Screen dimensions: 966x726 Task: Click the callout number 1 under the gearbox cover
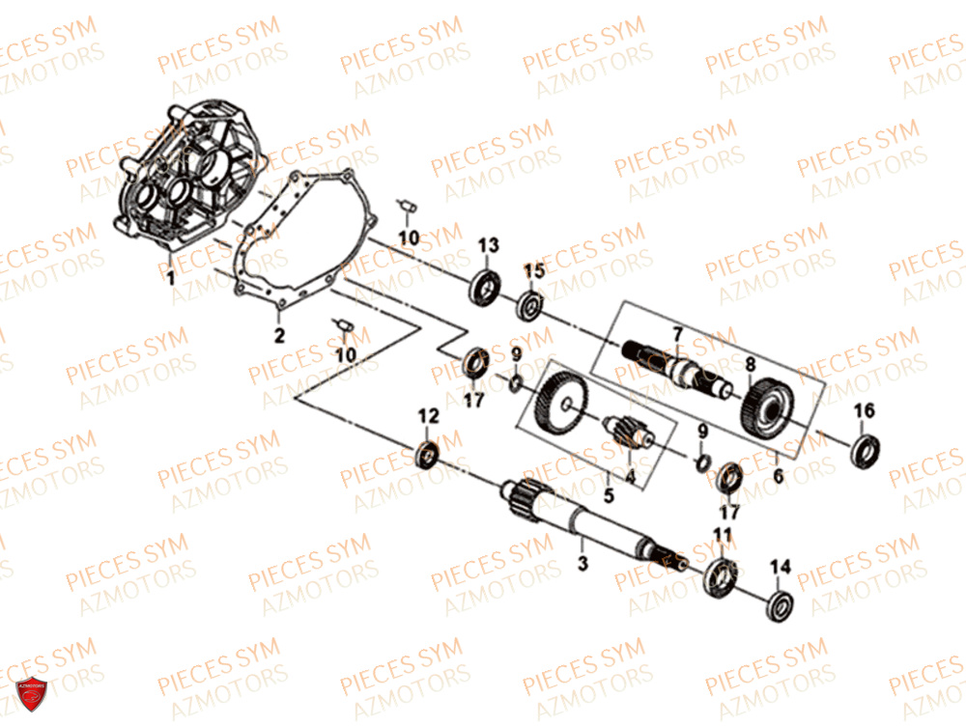pyautogui.click(x=171, y=278)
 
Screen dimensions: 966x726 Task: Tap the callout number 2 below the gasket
pyautogui.click(x=280, y=336)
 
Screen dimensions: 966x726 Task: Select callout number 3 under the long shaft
pyautogui.click(x=582, y=562)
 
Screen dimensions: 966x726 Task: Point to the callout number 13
pyautogui.click(x=489, y=245)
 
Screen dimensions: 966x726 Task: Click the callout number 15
pyautogui.click(x=534, y=270)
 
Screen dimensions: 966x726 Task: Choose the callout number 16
pyautogui.click(x=864, y=410)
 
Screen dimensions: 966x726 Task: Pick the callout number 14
pyautogui.click(x=780, y=567)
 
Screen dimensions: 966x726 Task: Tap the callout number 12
pyautogui.click(x=429, y=416)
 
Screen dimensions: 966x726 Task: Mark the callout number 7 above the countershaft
pyautogui.click(x=678, y=334)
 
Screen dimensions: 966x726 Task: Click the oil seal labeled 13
pyautogui.click(x=485, y=287)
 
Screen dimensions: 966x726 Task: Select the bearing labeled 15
pyautogui.click(x=529, y=305)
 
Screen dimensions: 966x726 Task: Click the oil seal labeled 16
pyautogui.click(x=865, y=451)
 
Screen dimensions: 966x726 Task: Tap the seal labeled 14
pyautogui.click(x=780, y=606)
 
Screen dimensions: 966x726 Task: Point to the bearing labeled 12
pyautogui.click(x=428, y=455)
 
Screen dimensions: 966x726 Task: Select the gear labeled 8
pyautogui.click(x=767, y=408)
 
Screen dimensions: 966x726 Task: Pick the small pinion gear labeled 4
pyautogui.click(x=625, y=430)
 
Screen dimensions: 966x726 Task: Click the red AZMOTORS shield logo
pyautogui.click(x=32, y=693)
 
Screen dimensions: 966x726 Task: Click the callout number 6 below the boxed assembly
pyautogui.click(x=779, y=476)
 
